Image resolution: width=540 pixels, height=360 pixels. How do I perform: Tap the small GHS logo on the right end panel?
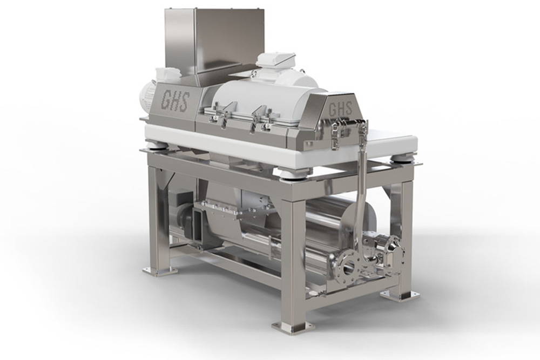click(341, 109)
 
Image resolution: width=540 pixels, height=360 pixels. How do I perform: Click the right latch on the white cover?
click(260, 119)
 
